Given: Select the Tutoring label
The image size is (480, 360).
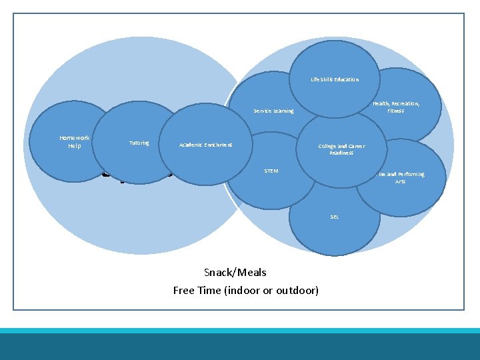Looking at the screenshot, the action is (139, 143).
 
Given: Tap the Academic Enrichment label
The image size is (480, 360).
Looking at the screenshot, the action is (205, 145).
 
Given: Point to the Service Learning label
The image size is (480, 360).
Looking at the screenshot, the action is (273, 111).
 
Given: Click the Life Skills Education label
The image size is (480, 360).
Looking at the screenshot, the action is (334, 79).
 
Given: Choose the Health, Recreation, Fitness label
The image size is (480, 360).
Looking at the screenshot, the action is (396, 107).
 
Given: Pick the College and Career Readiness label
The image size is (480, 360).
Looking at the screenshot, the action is (341, 149).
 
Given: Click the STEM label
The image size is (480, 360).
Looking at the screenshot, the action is (271, 171).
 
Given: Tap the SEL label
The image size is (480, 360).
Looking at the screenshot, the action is (335, 217).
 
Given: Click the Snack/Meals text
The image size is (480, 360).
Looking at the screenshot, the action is (235, 272).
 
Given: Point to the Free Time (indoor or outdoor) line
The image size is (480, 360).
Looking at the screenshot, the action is (245, 290).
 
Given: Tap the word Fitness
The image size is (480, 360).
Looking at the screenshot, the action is (396, 111).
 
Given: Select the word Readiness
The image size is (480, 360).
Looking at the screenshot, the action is (341, 153).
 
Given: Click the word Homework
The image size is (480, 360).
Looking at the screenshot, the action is (74, 138).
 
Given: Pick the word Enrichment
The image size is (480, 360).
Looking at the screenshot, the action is (217, 145).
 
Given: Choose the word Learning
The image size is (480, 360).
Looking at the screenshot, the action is (283, 111).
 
